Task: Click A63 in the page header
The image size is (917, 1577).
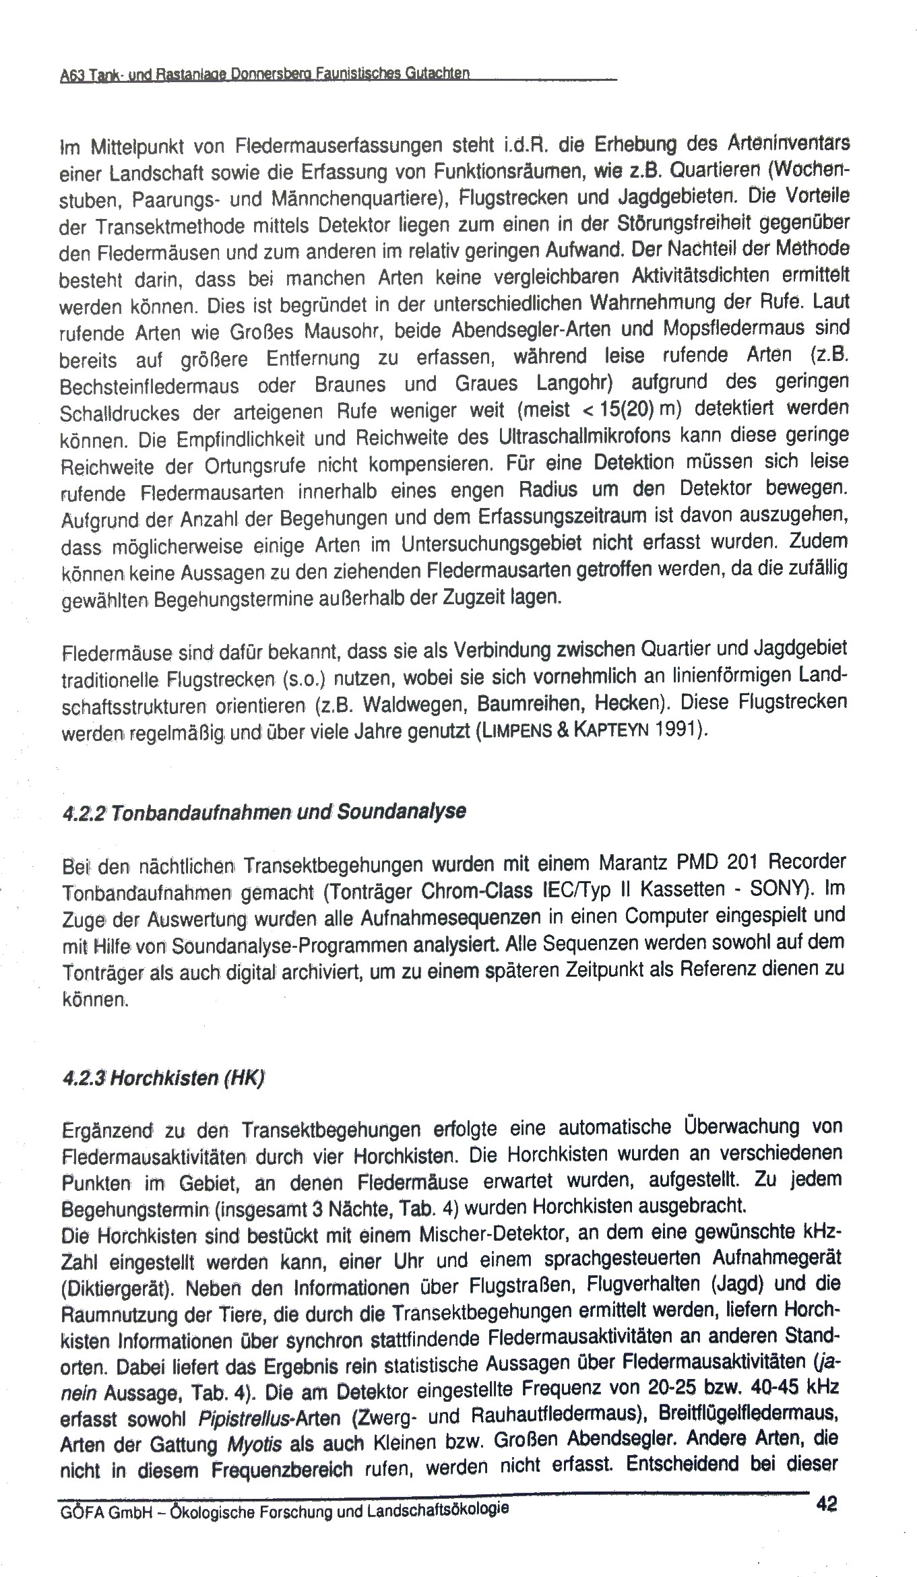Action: (x=70, y=76)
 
